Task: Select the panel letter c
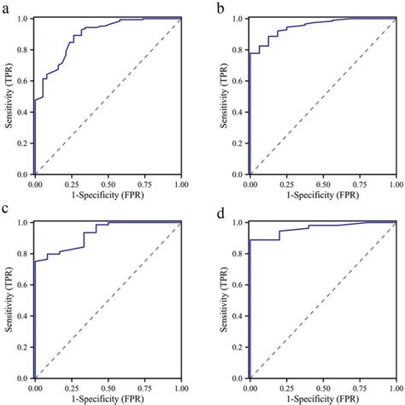(5, 210)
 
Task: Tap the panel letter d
(222, 210)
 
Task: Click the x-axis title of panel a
(108, 195)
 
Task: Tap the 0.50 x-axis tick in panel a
(108, 184)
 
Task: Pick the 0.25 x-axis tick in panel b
(286, 184)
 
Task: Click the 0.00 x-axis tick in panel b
(249, 184)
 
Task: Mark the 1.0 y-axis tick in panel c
(23, 222)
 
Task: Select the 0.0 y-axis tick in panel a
(23, 174)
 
